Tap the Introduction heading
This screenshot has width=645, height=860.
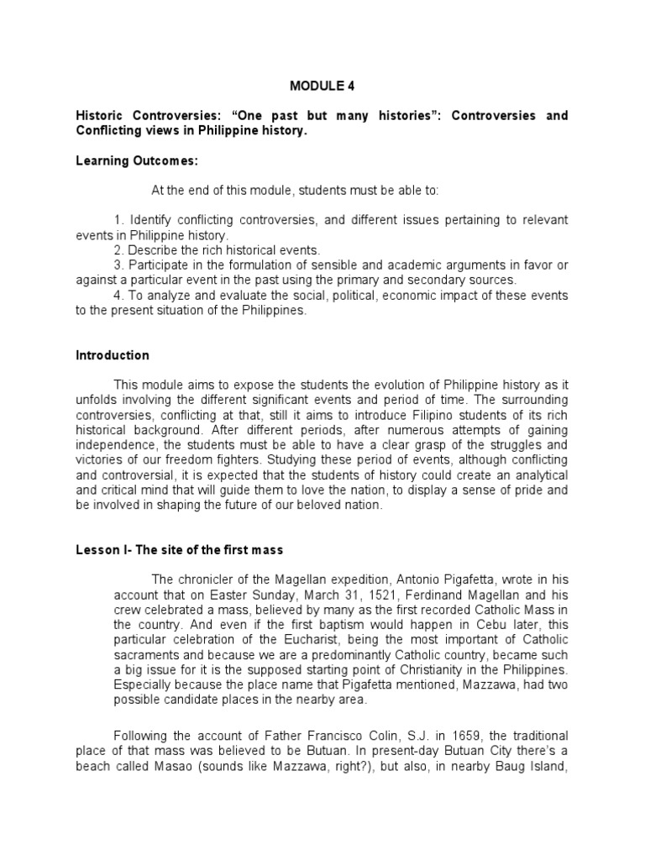[x=113, y=355]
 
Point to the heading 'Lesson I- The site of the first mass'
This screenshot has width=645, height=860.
[x=180, y=550]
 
